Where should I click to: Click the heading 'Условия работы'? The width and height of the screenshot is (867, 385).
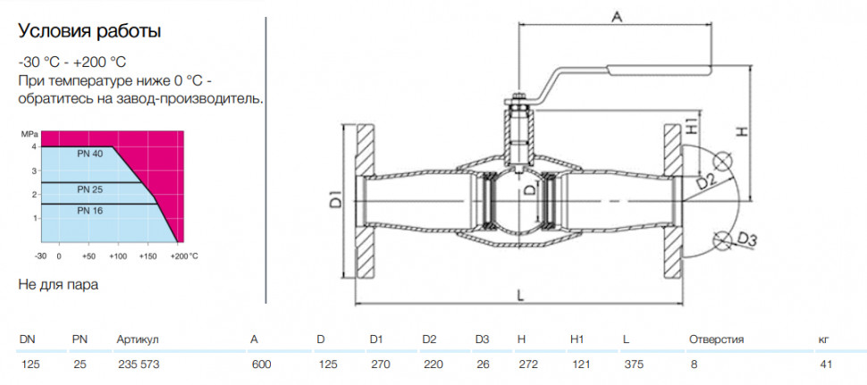click(x=90, y=32)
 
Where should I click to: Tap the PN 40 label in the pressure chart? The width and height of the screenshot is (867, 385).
click(x=90, y=155)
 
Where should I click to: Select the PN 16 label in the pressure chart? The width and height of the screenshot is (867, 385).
click(x=90, y=211)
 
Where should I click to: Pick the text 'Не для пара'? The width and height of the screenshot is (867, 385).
click(x=59, y=286)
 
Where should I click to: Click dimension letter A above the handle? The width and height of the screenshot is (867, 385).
click(x=617, y=17)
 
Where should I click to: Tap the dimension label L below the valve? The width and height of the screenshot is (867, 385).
click(x=520, y=296)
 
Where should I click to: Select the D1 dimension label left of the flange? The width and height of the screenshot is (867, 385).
click(x=336, y=199)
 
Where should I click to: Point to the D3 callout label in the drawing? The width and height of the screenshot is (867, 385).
click(x=747, y=240)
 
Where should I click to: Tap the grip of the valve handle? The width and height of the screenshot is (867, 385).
click(x=659, y=69)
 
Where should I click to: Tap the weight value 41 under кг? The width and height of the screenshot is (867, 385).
click(x=825, y=364)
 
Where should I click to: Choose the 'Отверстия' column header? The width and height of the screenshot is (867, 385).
click(x=716, y=339)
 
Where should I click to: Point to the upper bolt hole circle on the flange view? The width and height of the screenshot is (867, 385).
click(x=722, y=161)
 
